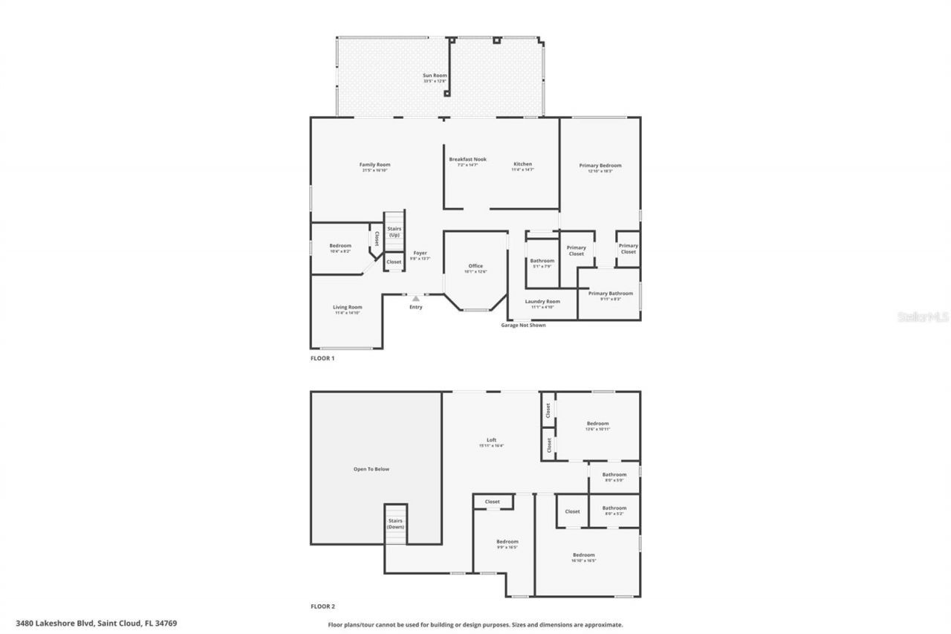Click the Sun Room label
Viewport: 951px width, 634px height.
pos(435,76)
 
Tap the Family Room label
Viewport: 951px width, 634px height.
pos(374,165)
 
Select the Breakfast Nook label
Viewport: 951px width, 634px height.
pos(467,160)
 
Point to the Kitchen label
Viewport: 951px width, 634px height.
pos(522,164)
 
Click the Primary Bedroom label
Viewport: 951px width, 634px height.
pos(600,166)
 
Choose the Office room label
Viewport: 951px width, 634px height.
pos(475,266)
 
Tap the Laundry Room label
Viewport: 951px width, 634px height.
pos(542,302)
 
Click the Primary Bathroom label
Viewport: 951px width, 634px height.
pos(610,294)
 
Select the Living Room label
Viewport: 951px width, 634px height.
pos(347,308)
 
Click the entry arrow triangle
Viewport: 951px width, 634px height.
pos(416,298)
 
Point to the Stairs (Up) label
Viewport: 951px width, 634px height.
pos(394,232)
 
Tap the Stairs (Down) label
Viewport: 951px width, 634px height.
pos(395,524)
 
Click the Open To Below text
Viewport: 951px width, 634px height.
pos(371,469)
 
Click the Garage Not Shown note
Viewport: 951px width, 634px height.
pos(523,325)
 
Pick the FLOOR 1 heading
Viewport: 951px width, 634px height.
pos(322,358)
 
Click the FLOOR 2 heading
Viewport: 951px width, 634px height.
pos(322,606)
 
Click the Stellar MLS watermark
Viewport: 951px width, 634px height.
pos(923,317)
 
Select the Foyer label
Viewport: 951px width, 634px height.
pos(420,253)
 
